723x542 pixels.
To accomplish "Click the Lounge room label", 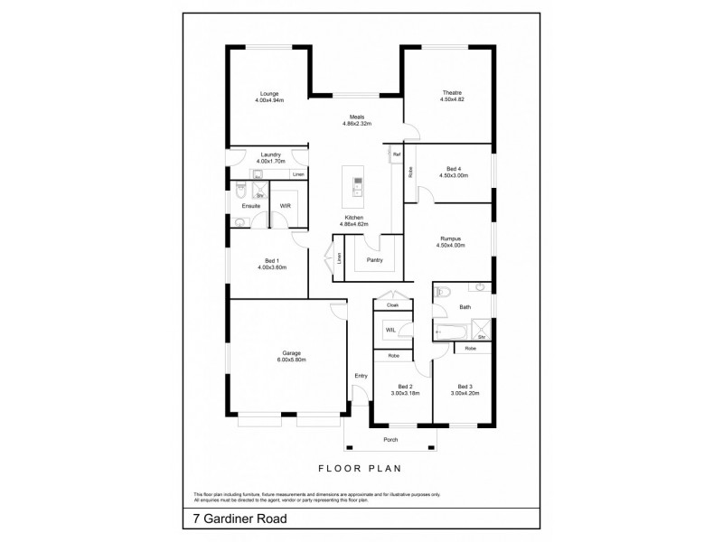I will (x=268, y=93).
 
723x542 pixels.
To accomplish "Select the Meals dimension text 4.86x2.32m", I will (x=357, y=124).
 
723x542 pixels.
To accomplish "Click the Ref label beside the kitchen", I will (x=396, y=155).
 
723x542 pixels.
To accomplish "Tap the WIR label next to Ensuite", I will (x=285, y=206).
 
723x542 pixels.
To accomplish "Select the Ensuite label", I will (x=250, y=206).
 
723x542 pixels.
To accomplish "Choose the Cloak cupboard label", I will (x=392, y=306).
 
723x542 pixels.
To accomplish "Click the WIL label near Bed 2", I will (x=390, y=331).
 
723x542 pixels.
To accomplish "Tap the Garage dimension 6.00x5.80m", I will (x=291, y=360).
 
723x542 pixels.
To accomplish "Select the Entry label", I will (x=361, y=378).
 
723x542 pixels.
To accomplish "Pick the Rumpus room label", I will (x=449, y=238).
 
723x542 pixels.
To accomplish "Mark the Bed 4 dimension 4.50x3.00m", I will (x=453, y=175).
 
